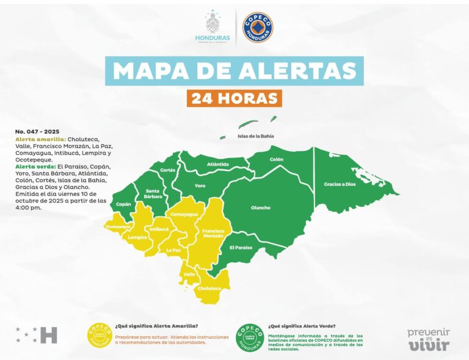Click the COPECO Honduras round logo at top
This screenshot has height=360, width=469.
click(258, 28)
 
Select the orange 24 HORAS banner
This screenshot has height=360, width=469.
click(234, 98)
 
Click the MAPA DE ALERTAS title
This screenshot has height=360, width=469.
click(234, 71)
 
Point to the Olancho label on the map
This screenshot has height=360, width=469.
click(260, 208)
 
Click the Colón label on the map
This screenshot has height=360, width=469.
click(277, 160)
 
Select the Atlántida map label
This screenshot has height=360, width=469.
click(218, 164)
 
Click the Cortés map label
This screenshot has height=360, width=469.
click(167, 170)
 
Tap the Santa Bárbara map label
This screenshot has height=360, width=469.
click(153, 194)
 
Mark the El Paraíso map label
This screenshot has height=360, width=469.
click(241, 248)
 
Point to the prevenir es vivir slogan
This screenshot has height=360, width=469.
click(429, 339)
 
